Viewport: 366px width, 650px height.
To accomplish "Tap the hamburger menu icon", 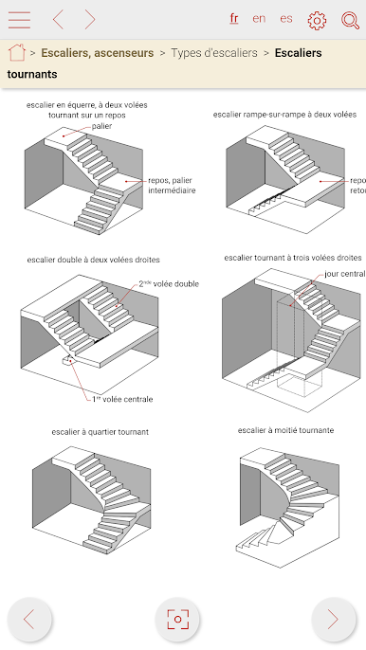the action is click(x=19, y=20).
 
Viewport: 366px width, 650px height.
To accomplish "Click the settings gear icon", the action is click(x=317, y=20).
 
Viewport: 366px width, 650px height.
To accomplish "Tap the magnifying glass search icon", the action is click(x=350, y=20).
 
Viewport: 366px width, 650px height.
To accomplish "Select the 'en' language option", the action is click(x=259, y=19).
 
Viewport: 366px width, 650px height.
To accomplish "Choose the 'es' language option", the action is click(x=286, y=19).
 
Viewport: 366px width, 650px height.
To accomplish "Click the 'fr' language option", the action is click(x=234, y=18).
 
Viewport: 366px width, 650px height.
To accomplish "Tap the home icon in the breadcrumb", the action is click(x=17, y=53).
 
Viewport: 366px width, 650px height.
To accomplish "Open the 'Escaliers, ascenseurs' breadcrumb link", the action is click(x=98, y=53).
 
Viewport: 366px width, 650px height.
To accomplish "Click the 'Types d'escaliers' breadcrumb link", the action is click(x=214, y=53).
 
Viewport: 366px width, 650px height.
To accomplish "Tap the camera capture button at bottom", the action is click(x=177, y=620).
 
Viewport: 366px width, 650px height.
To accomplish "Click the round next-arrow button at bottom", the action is click(x=333, y=620).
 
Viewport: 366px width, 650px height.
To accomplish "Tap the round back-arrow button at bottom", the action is click(x=29, y=620).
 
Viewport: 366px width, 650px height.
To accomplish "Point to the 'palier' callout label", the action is click(x=101, y=126).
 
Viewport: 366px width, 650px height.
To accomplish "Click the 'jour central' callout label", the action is click(x=345, y=274).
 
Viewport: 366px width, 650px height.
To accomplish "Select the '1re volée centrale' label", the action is click(x=122, y=399).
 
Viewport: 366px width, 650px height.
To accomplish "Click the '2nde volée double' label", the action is click(x=169, y=284).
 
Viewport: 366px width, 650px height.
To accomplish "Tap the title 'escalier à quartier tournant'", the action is click(x=100, y=432).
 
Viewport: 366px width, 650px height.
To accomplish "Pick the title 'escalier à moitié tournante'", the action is click(x=285, y=430).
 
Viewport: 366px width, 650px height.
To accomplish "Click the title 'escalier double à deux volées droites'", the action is click(x=93, y=260).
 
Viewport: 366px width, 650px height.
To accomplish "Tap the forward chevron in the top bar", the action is click(x=90, y=20).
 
